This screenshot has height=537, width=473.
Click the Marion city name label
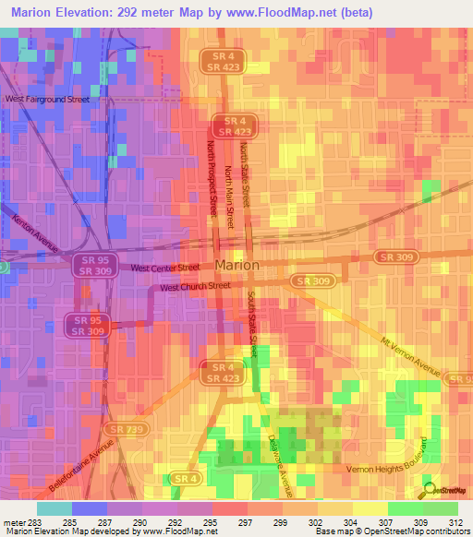pyautogui.click(x=236, y=265)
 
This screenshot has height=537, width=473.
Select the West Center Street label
pyautogui.click(x=165, y=268)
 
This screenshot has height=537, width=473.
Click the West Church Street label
pyautogui.click(x=195, y=287)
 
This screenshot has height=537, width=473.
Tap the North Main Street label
pyautogui.click(x=228, y=191)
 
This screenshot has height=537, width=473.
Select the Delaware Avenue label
pyautogui.click(x=280, y=461)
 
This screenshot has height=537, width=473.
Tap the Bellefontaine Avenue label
pyautogui.click(x=82, y=469)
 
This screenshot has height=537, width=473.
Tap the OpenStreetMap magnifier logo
pyautogui.click(x=429, y=491)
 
